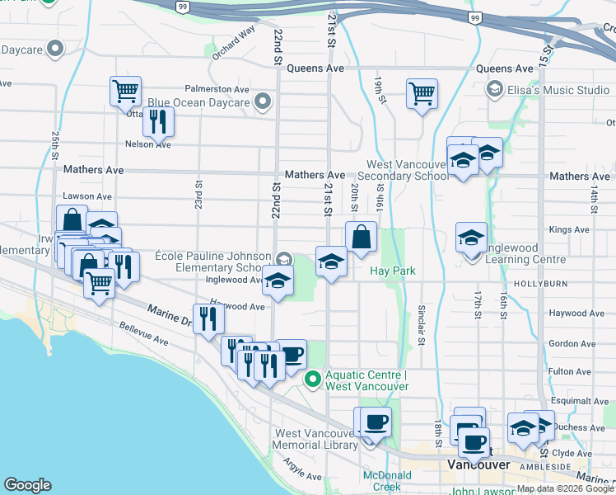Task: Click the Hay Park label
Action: point(393,271)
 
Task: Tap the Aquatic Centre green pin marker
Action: point(313,379)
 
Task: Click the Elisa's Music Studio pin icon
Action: point(495,89)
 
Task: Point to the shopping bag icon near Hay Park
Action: point(361,237)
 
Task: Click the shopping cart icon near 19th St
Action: point(422,93)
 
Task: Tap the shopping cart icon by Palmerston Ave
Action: point(125,91)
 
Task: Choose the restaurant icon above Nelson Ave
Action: point(157,121)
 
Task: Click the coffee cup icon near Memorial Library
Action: point(376,422)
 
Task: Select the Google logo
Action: point(27,485)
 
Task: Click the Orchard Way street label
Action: point(234,46)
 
